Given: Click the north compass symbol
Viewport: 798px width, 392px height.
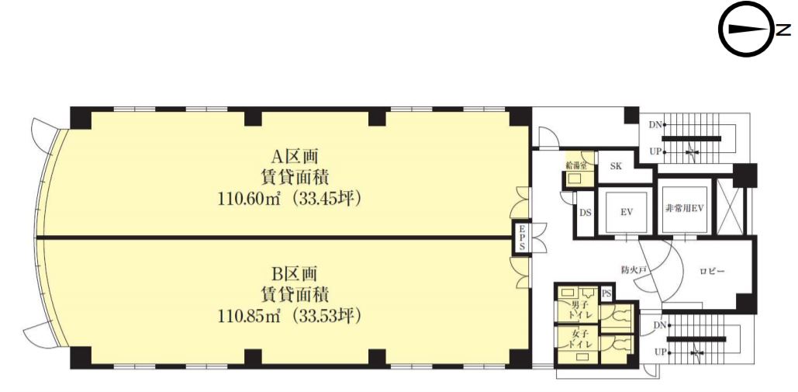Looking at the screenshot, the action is (746, 29).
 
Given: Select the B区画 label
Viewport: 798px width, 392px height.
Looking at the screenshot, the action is (292, 275).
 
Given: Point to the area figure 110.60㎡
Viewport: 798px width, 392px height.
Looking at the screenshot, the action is (250, 199).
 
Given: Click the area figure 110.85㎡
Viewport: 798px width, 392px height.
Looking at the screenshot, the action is (250, 317).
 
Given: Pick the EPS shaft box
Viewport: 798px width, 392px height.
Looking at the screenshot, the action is (522, 238).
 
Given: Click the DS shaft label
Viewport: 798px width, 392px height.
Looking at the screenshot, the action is (586, 213).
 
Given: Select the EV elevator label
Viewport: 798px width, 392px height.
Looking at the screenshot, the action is (626, 213).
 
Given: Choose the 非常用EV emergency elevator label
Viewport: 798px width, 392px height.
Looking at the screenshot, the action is (685, 208).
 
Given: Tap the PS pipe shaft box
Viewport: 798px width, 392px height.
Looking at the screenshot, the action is (606, 293).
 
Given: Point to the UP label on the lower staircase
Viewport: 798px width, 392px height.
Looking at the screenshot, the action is (659, 352).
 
